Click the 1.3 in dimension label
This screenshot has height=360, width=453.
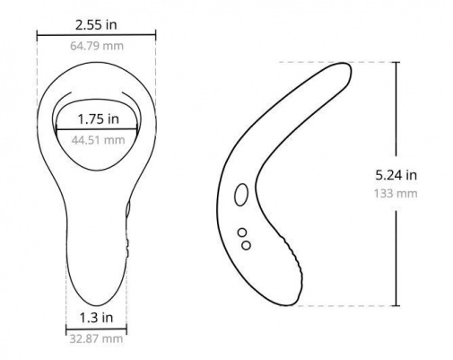96,317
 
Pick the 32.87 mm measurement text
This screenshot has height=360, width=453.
96,338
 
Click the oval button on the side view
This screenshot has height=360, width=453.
240,195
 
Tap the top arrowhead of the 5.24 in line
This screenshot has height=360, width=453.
395,63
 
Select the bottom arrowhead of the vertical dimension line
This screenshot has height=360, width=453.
395,304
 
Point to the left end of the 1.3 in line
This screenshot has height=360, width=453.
66,329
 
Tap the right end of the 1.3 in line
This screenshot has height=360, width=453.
126,329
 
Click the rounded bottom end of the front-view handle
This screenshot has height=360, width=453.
96,301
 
